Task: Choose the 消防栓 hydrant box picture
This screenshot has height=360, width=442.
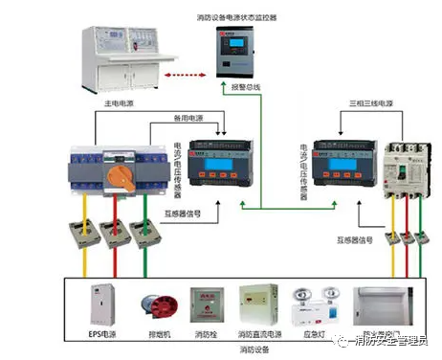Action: (207, 306)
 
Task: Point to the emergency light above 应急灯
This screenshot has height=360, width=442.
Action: (312, 303)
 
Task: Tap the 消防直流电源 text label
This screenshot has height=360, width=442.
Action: (259, 335)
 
